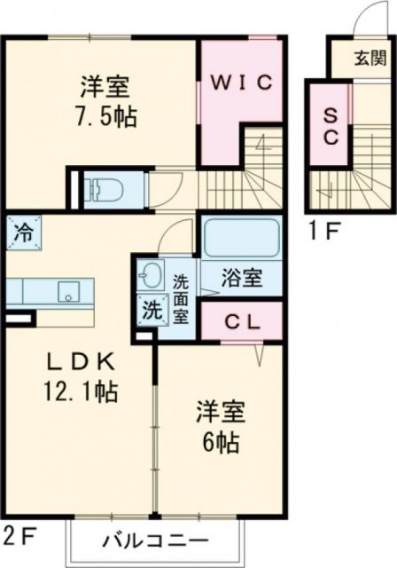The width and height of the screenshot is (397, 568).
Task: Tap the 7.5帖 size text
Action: pyautogui.click(x=106, y=116)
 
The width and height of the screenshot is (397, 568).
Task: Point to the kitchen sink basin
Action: pyautogui.click(x=66, y=290)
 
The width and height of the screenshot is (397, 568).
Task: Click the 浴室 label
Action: pyautogui.click(x=240, y=278)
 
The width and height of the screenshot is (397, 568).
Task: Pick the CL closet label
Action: pyautogui.click(x=241, y=321)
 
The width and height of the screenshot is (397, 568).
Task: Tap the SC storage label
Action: pyautogui.click(x=328, y=125)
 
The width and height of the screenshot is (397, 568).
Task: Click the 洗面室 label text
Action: pyautogui.click(x=180, y=299)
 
